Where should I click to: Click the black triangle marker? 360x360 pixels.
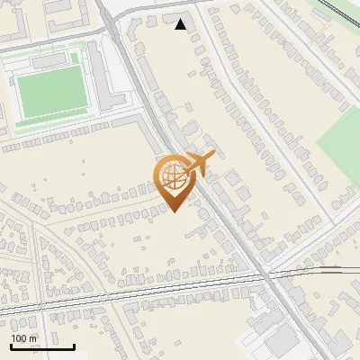point(181,24)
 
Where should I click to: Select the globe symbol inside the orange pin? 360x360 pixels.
point(173,177)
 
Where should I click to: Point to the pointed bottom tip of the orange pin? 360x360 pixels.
point(174,211)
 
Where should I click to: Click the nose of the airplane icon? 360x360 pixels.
point(211,155)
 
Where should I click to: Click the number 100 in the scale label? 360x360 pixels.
point(19,338)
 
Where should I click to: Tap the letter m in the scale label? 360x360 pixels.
point(33,338)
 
